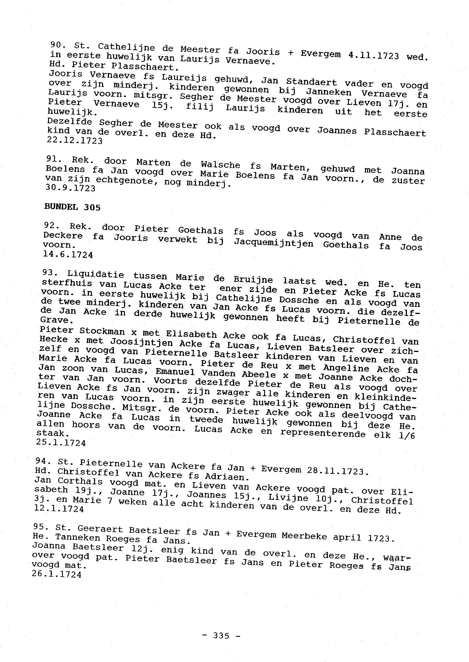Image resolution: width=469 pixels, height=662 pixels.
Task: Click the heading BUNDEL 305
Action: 72,207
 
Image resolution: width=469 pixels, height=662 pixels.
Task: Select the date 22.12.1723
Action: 75,141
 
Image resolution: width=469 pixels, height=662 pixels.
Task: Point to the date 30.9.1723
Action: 71,188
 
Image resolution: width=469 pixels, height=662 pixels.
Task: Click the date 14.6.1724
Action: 68,255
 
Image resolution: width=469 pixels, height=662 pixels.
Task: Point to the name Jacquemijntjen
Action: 274,243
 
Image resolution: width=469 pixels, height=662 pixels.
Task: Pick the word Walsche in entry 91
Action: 221,165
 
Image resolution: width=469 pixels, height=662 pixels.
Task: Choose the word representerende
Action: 323,434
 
